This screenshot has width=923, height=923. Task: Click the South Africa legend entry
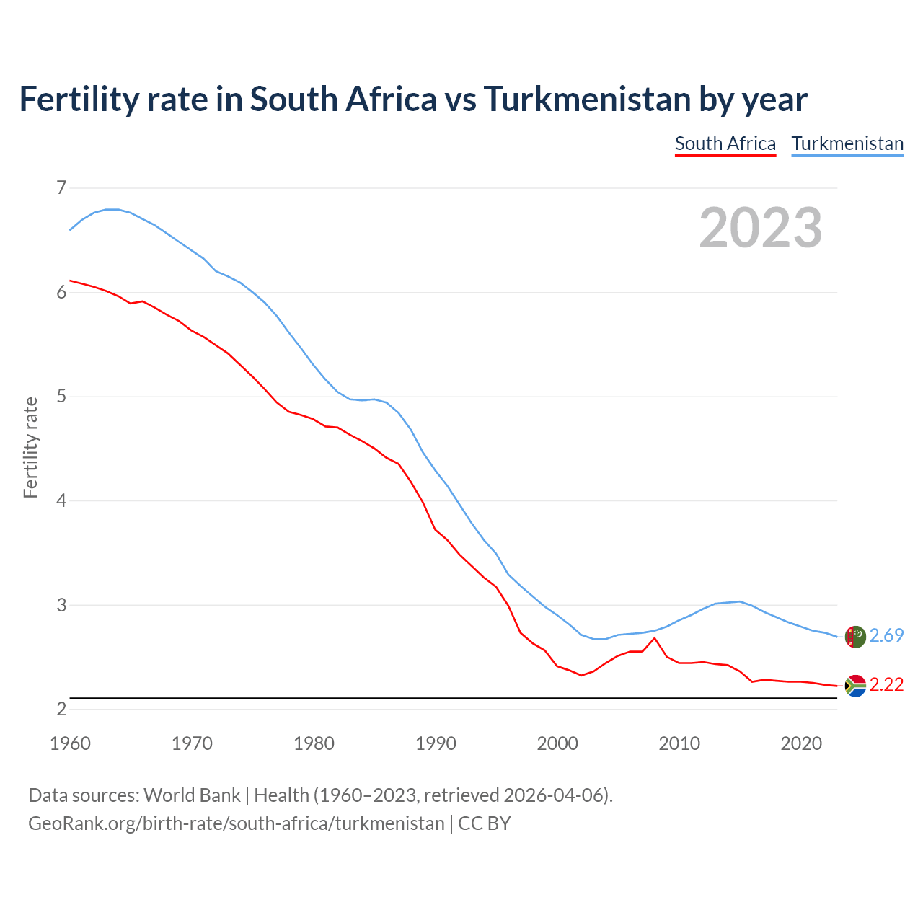[725, 143]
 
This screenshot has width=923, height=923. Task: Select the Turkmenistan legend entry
[847, 143]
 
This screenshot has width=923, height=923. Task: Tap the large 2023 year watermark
[761, 228]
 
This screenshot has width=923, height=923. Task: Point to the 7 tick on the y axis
[61, 188]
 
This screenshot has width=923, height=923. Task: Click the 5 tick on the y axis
[61, 397]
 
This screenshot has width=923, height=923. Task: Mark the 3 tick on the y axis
[61, 605]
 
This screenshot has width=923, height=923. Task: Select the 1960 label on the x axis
[70, 743]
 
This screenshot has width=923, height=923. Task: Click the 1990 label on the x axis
[436, 743]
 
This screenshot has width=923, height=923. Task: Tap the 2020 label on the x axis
[801, 743]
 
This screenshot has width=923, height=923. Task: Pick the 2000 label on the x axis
[557, 743]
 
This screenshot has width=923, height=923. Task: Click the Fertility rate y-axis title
[30, 447]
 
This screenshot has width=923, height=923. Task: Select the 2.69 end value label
[886, 635]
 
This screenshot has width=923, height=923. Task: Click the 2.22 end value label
[886, 684]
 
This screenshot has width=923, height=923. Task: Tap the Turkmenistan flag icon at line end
[855, 637]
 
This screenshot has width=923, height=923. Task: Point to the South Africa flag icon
[855, 686]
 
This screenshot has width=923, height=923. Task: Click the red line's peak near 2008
[654, 638]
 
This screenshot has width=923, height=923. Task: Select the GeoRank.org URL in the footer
[237, 823]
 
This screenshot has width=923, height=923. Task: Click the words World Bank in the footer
[192, 795]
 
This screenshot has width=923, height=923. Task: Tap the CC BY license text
[485, 823]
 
